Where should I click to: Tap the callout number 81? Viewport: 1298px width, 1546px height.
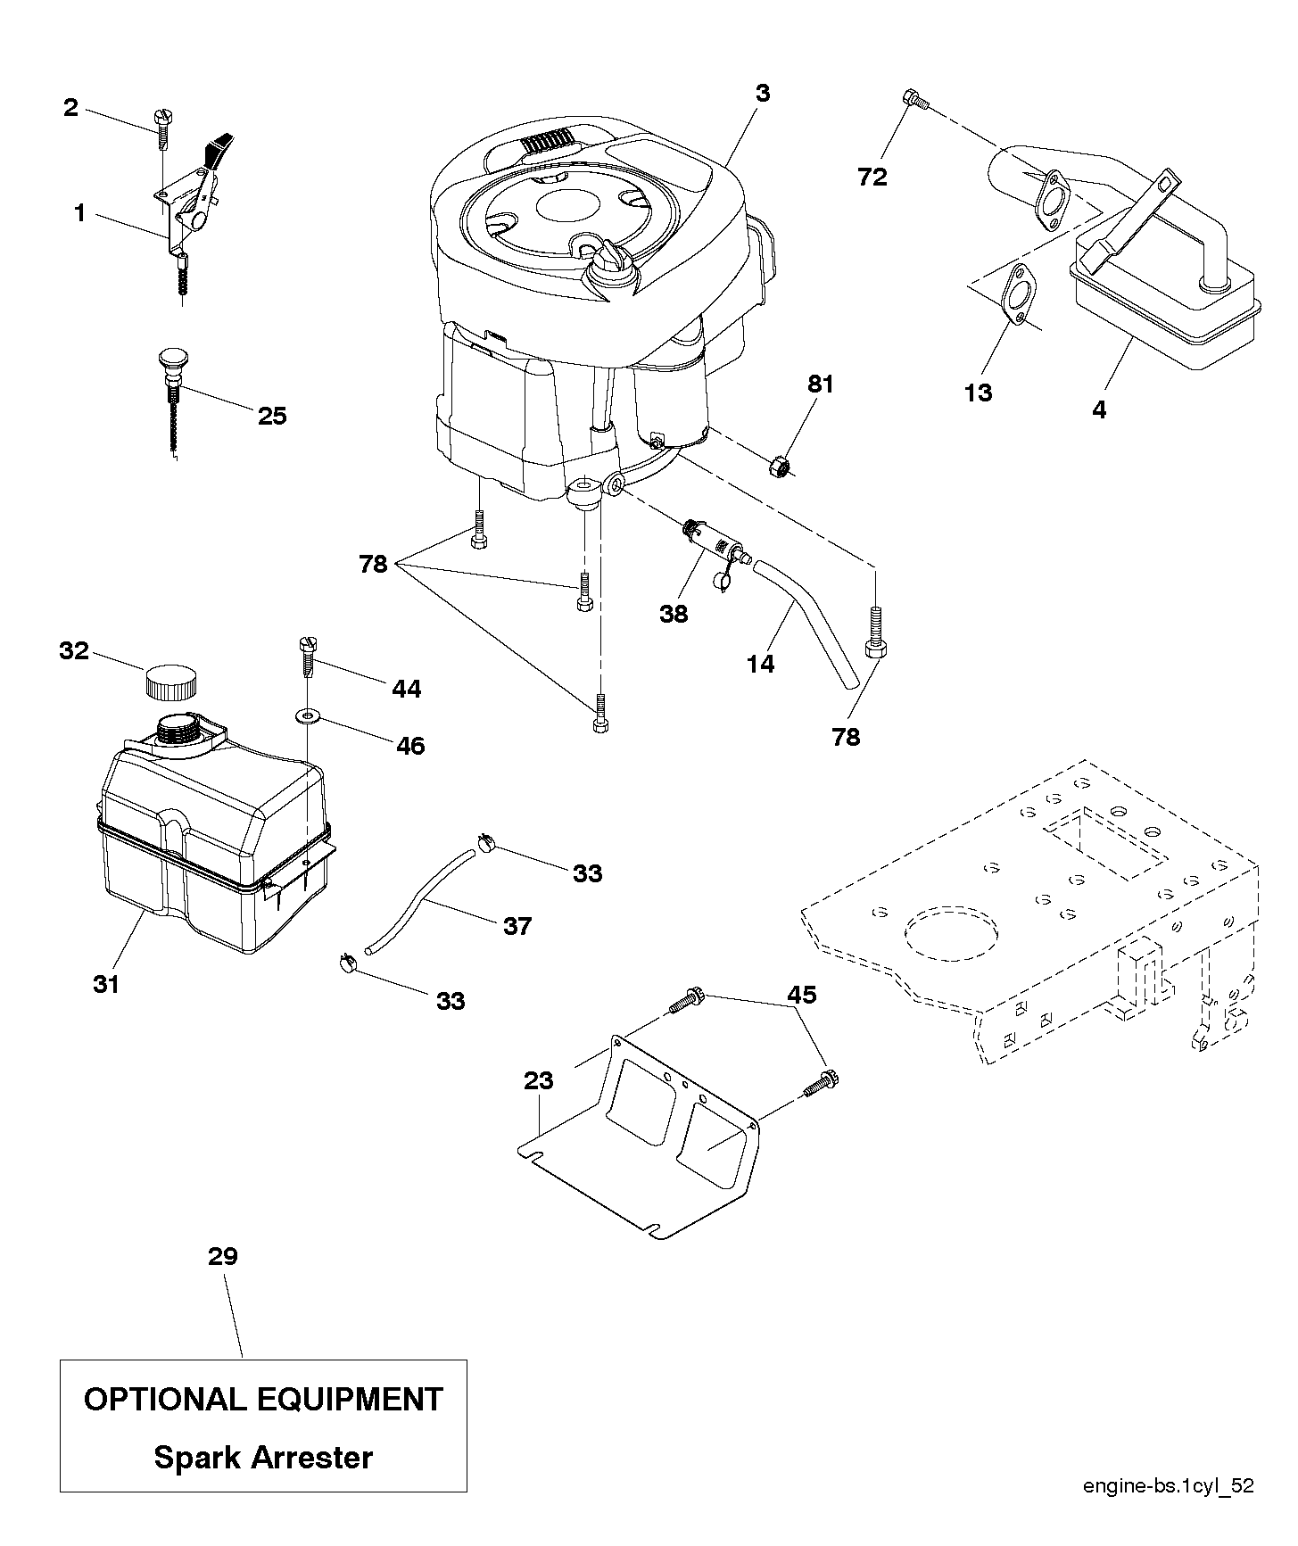pos(821,384)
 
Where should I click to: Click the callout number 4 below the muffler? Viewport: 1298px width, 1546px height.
pos(1099,410)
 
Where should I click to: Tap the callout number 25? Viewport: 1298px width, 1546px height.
pos(272,417)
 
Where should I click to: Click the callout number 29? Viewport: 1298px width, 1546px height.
pos(223,1257)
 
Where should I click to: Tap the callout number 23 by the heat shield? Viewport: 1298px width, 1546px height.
pos(539,1081)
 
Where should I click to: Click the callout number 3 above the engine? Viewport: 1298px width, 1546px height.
pos(762,93)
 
